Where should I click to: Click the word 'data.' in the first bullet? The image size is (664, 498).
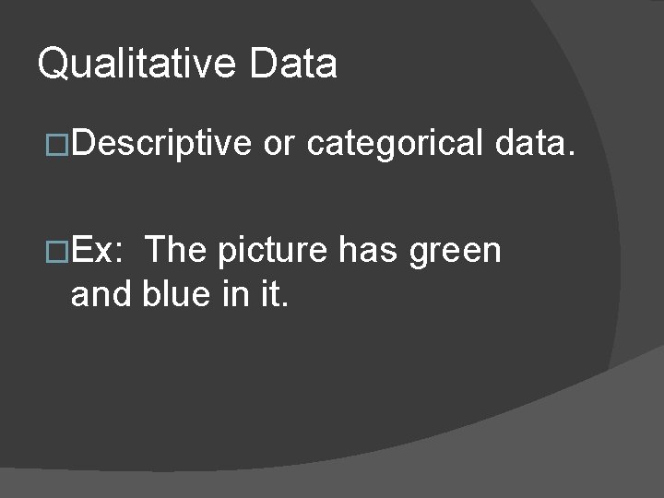point(536,145)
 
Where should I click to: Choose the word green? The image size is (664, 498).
point(456,252)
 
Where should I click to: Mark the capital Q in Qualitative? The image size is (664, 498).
point(53,65)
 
